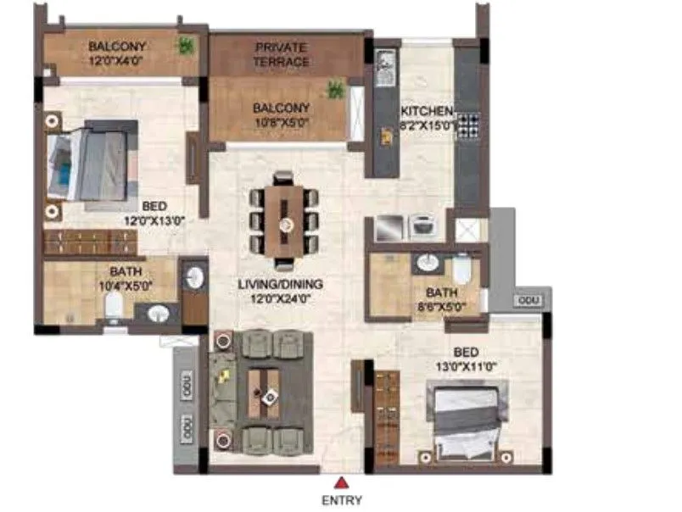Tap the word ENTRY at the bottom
click(341, 500)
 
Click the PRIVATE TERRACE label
click(282, 54)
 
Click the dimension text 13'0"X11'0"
click(466, 367)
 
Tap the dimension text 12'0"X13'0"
click(154, 220)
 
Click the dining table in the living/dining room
click(286, 215)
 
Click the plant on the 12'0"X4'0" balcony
click(184, 47)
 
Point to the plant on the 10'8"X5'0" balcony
click(336, 88)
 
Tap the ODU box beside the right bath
click(527, 301)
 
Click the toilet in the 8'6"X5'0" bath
click(461, 269)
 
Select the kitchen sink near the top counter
click(385, 64)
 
